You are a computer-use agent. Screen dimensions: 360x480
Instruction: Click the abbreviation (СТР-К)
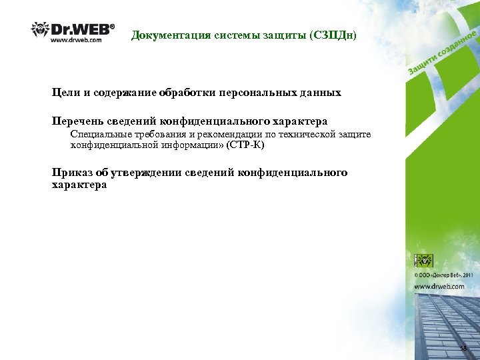click(245, 144)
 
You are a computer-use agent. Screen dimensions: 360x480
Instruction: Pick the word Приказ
click(72, 173)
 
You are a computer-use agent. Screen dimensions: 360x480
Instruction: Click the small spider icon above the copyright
click(424, 260)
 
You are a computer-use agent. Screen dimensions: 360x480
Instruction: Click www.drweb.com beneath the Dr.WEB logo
click(77, 40)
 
